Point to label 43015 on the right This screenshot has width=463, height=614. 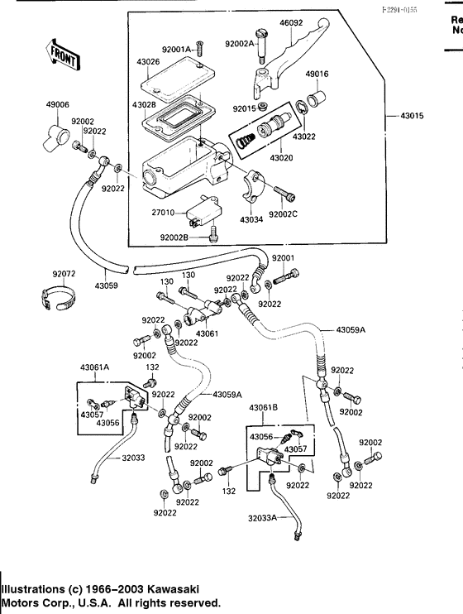(x=411, y=115)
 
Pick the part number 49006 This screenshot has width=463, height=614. (x=58, y=105)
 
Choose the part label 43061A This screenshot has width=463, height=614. (x=96, y=366)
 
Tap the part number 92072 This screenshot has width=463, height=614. (x=64, y=273)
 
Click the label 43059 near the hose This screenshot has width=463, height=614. (x=107, y=285)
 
